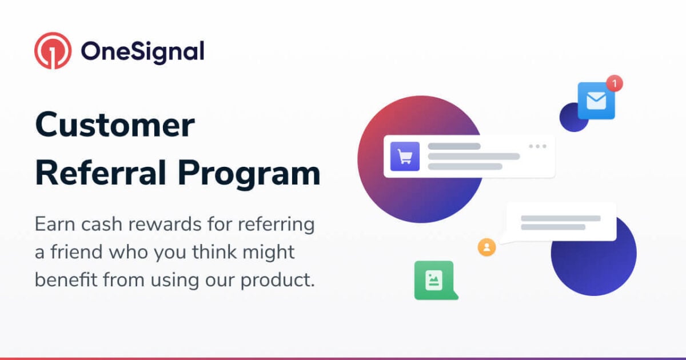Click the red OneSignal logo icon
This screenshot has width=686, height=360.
[53, 51]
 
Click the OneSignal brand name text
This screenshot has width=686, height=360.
[142, 52]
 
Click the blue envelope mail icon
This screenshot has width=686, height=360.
[596, 101]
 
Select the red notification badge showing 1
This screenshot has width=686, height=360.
[614, 83]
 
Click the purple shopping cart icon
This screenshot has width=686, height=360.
[405, 157]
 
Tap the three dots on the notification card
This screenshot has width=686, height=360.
[537, 146]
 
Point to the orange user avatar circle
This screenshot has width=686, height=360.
[486, 247]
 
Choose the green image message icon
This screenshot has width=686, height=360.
[434, 280]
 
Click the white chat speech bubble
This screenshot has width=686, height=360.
[560, 222]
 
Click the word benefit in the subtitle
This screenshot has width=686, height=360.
[64, 281]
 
